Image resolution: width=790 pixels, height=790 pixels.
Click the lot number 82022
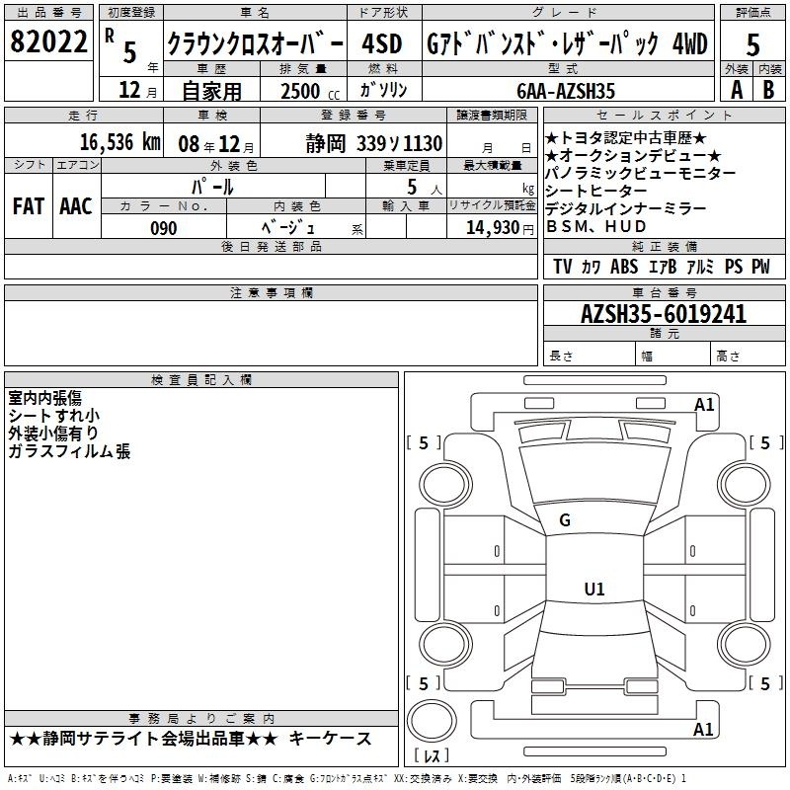click(48, 41)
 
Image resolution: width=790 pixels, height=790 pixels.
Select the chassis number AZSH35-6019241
click(664, 314)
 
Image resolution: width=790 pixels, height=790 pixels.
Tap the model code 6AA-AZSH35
click(566, 91)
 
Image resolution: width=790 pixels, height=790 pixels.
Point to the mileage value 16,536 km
click(119, 141)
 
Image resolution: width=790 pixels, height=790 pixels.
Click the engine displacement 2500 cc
click(310, 91)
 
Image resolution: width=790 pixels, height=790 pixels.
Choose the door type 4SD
click(381, 43)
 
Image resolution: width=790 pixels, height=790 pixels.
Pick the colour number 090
click(163, 228)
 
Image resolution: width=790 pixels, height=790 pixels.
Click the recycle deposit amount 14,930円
click(500, 228)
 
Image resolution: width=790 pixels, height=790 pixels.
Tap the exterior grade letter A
click(737, 90)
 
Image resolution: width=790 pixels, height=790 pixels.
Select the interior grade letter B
click(768, 90)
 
